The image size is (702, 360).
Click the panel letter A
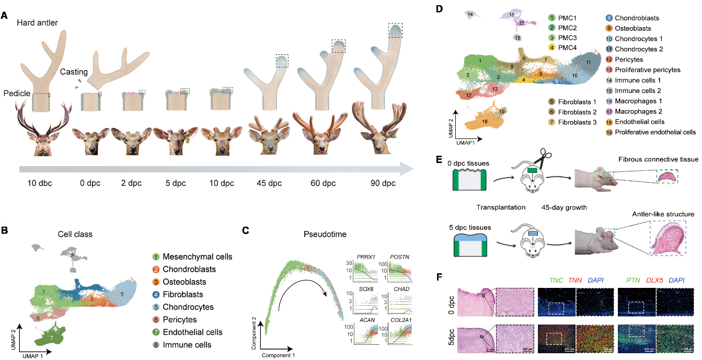coord(5,16)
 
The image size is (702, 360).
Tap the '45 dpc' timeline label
coord(269,183)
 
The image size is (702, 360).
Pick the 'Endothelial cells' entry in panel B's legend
coord(192,332)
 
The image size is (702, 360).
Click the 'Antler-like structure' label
coord(663,214)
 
